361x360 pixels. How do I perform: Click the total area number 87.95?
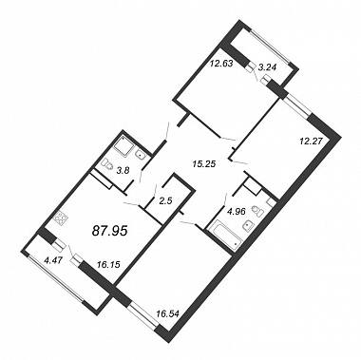click(x=109, y=231)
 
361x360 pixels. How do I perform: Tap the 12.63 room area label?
click(x=221, y=64)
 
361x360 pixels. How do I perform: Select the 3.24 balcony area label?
click(x=268, y=66)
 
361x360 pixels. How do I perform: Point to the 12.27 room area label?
click(x=311, y=142)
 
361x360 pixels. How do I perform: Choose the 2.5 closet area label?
click(x=165, y=201)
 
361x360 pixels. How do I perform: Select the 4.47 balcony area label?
click(x=53, y=261)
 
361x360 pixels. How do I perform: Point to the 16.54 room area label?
click(x=168, y=314)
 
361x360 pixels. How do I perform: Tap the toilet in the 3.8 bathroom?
click(x=107, y=163)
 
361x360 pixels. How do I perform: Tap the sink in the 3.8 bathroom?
click(x=141, y=155)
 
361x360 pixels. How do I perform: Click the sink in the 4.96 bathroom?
click(x=247, y=226)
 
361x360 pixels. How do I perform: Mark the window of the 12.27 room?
click(x=297, y=107)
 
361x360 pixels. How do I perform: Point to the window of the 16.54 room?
click(x=144, y=314)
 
